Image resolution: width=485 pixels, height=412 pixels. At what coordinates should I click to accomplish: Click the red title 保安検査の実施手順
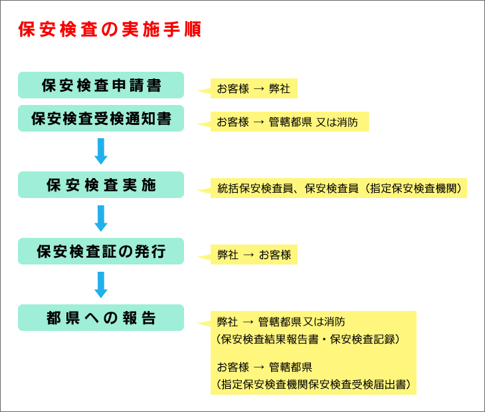click(x=110, y=29)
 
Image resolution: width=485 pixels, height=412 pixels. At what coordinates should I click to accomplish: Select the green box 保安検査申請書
click(x=101, y=85)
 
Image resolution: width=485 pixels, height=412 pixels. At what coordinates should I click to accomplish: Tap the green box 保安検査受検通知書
click(x=101, y=118)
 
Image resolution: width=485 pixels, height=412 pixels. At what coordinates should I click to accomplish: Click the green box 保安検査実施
click(x=101, y=185)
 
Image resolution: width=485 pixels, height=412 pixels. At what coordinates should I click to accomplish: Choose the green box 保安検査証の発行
click(x=101, y=251)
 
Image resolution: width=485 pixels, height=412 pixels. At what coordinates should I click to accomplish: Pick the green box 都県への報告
click(x=101, y=318)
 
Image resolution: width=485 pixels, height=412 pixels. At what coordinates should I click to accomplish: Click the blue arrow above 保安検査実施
click(x=101, y=152)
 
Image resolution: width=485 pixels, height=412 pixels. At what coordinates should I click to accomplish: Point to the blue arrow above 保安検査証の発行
click(x=101, y=218)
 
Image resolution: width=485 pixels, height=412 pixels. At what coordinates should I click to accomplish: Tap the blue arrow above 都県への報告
click(x=101, y=285)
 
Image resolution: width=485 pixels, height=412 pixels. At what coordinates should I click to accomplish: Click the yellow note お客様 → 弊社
click(x=254, y=88)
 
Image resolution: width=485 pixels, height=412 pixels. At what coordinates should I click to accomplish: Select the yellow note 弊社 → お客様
click(x=254, y=255)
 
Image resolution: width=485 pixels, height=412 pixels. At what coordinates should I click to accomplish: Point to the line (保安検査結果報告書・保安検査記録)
click(x=308, y=340)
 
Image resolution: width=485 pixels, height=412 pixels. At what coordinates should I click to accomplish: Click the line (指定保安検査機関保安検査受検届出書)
click(x=314, y=384)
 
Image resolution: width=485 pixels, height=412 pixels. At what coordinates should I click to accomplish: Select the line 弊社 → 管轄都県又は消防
click(x=281, y=322)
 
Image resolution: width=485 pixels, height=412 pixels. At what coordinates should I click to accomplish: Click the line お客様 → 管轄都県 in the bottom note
click(x=264, y=367)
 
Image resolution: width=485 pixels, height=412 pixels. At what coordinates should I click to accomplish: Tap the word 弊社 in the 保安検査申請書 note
click(x=280, y=89)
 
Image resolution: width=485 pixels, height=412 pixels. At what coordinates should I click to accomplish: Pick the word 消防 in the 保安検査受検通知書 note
click(x=347, y=122)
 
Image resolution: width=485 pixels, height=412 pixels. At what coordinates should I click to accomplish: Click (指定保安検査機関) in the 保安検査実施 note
click(x=413, y=188)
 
